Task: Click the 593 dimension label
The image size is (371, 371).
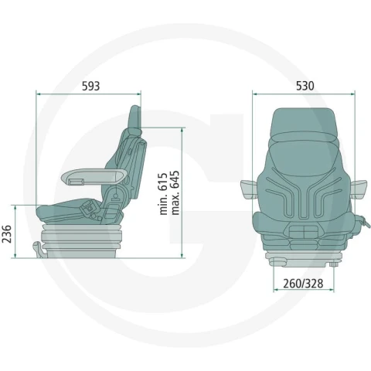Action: pyautogui.click(x=90, y=86)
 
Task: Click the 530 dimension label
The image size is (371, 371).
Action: pyautogui.click(x=305, y=86)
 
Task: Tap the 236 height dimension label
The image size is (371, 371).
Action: pyautogui.click(x=6, y=233)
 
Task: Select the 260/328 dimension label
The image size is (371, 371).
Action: pyautogui.click(x=303, y=284)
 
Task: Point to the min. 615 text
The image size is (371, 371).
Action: pyautogui.click(x=163, y=194)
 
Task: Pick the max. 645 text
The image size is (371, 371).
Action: pyautogui.click(x=175, y=192)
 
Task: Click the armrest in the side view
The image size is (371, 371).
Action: pyautogui.click(x=94, y=176)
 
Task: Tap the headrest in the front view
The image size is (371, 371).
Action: pyautogui.click(x=303, y=125)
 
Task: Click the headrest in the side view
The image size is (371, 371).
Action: pyautogui.click(x=135, y=117)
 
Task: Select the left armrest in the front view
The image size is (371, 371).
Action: pyautogui.click(x=249, y=189)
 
